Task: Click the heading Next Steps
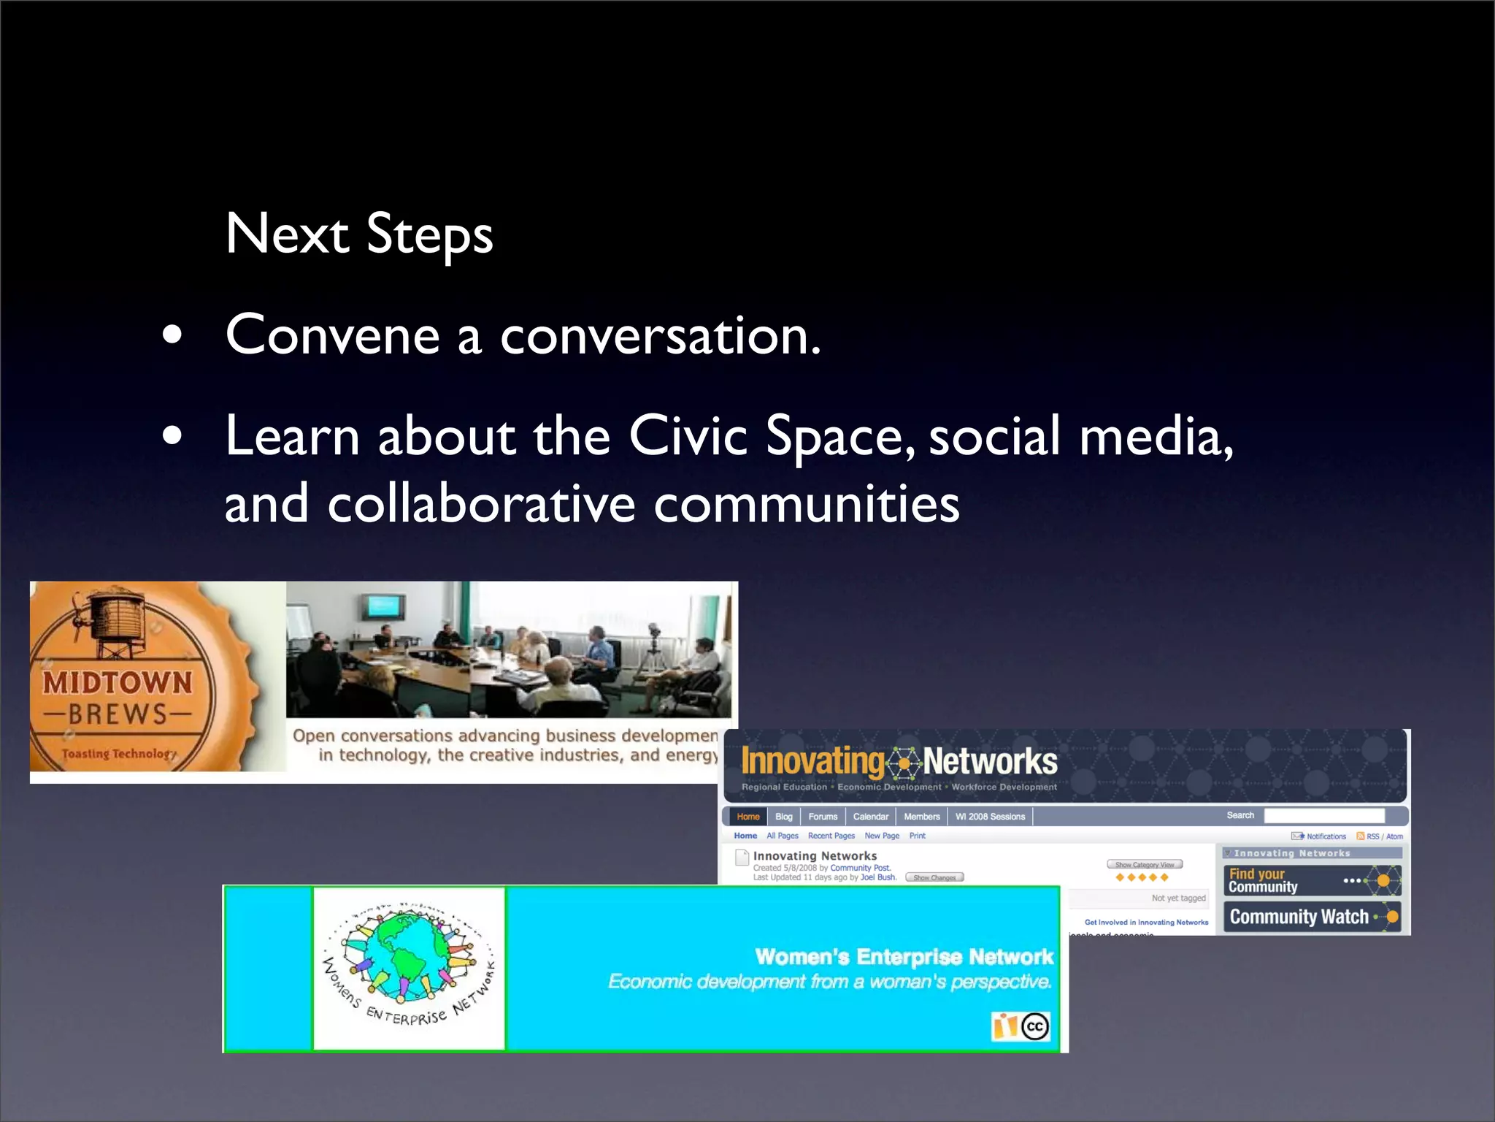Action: [359, 234]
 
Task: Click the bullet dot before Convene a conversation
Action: [173, 335]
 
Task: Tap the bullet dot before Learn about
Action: [173, 436]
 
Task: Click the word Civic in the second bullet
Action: [688, 436]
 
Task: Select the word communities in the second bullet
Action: [806, 504]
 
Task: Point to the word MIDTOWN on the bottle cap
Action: [118, 683]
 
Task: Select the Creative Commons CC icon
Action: [1035, 1026]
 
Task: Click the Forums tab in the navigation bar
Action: [823, 817]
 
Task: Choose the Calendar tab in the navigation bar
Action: [871, 817]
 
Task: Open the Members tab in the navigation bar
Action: [922, 817]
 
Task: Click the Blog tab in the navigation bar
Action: [784, 817]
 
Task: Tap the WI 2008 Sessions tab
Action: [990, 817]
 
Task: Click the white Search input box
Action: [1324, 816]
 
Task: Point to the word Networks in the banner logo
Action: [990, 762]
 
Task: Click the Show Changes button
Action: [934, 877]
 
